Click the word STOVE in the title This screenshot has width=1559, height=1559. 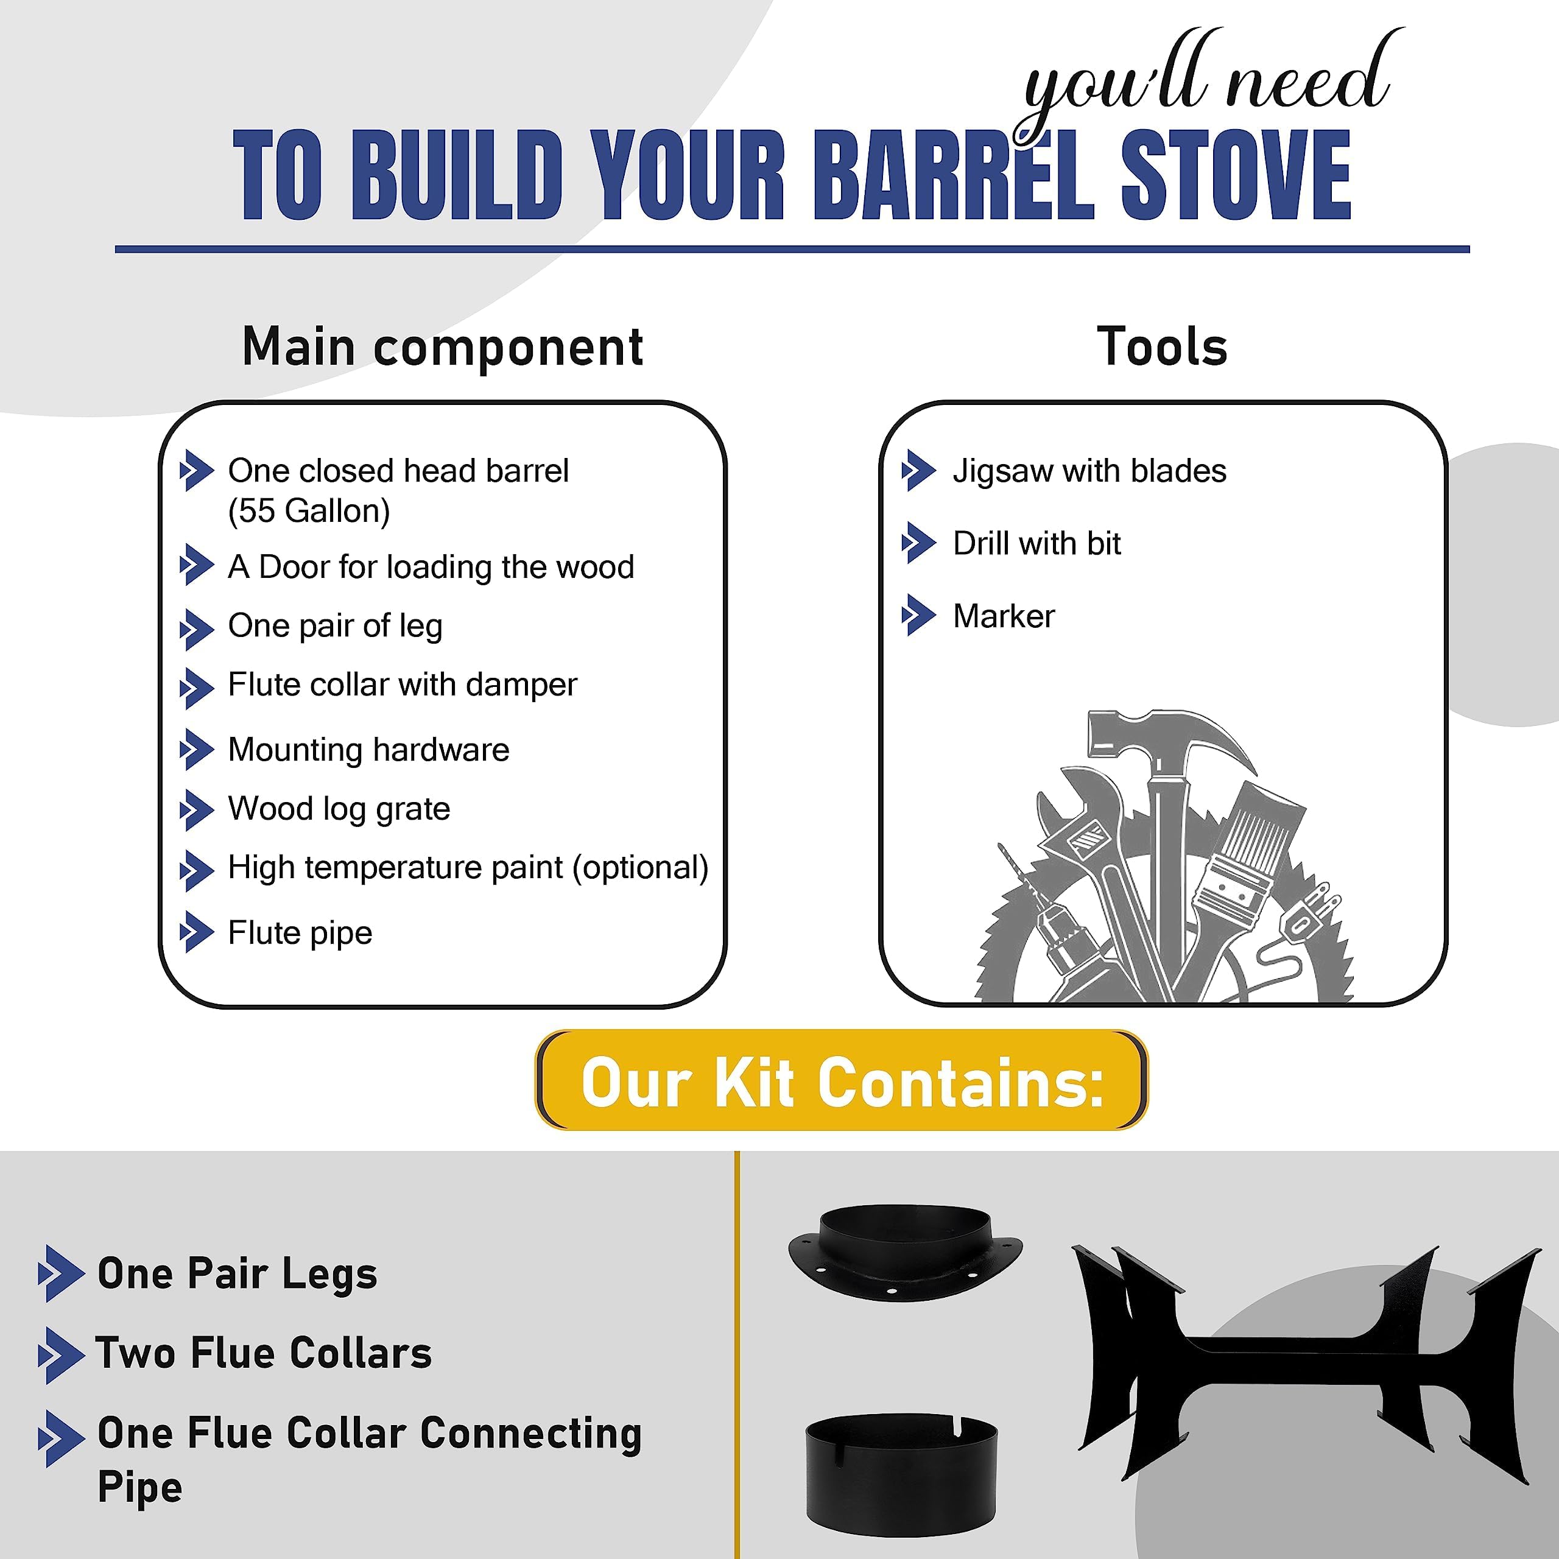[1236, 175]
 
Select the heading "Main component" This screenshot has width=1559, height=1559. [442, 347]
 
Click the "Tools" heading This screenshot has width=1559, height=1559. [1162, 347]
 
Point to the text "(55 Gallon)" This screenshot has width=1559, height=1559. [309, 511]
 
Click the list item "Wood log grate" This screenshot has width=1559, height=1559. [339, 809]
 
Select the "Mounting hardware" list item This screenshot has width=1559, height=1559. [369, 750]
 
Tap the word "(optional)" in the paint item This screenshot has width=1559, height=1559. [641, 867]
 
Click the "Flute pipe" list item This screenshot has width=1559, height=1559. [300, 933]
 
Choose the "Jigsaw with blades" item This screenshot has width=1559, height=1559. [1089, 471]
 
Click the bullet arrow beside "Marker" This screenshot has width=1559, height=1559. [918, 616]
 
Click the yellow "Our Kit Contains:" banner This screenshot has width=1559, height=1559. [842, 1082]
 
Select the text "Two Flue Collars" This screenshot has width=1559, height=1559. [264, 1353]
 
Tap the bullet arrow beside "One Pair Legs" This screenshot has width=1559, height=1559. [60, 1273]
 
